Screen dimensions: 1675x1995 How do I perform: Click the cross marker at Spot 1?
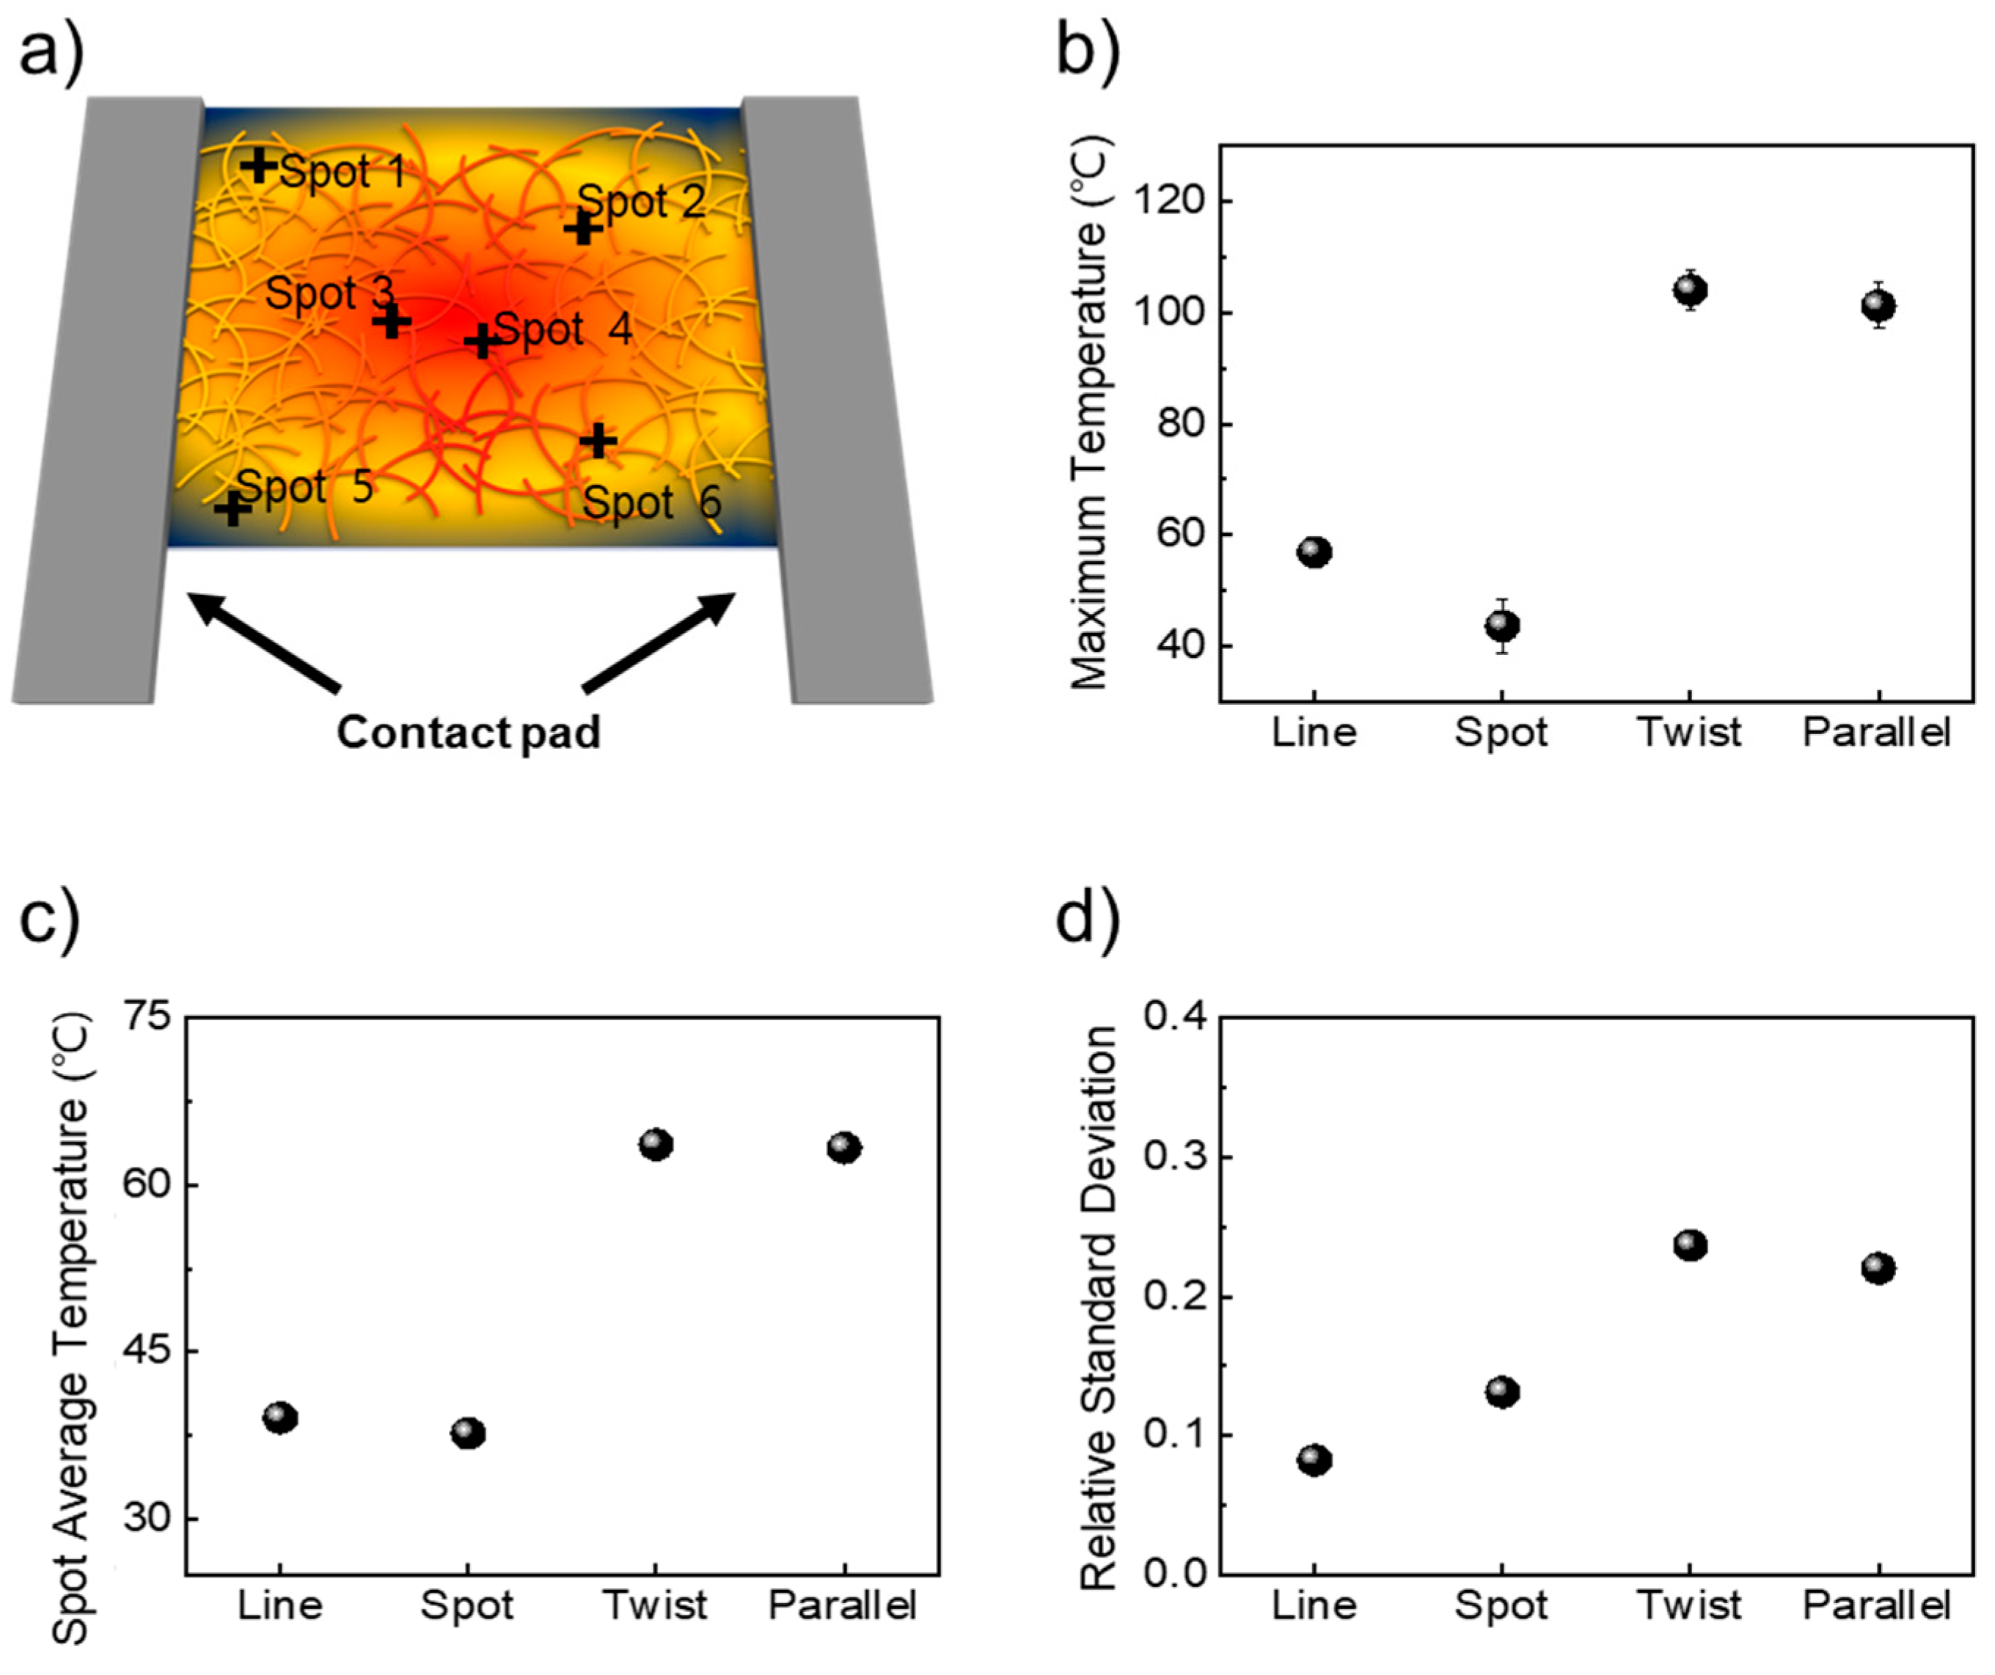(257, 166)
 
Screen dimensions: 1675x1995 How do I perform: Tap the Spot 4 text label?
(563, 329)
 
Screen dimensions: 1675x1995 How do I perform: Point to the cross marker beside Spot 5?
(232, 509)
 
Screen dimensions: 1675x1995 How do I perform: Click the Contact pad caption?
(469, 733)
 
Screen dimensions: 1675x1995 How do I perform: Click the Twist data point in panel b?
(1690, 289)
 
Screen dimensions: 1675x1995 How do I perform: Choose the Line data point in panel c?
(280, 1418)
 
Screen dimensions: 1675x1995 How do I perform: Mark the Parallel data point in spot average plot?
(843, 1148)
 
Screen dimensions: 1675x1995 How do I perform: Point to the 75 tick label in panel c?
(147, 1018)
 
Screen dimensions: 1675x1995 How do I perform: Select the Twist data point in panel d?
(1690, 1245)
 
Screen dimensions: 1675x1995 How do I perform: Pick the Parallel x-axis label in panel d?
(1876, 1605)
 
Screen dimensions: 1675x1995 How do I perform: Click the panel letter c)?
(49, 919)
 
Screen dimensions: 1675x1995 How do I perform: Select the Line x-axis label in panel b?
(1314, 733)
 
